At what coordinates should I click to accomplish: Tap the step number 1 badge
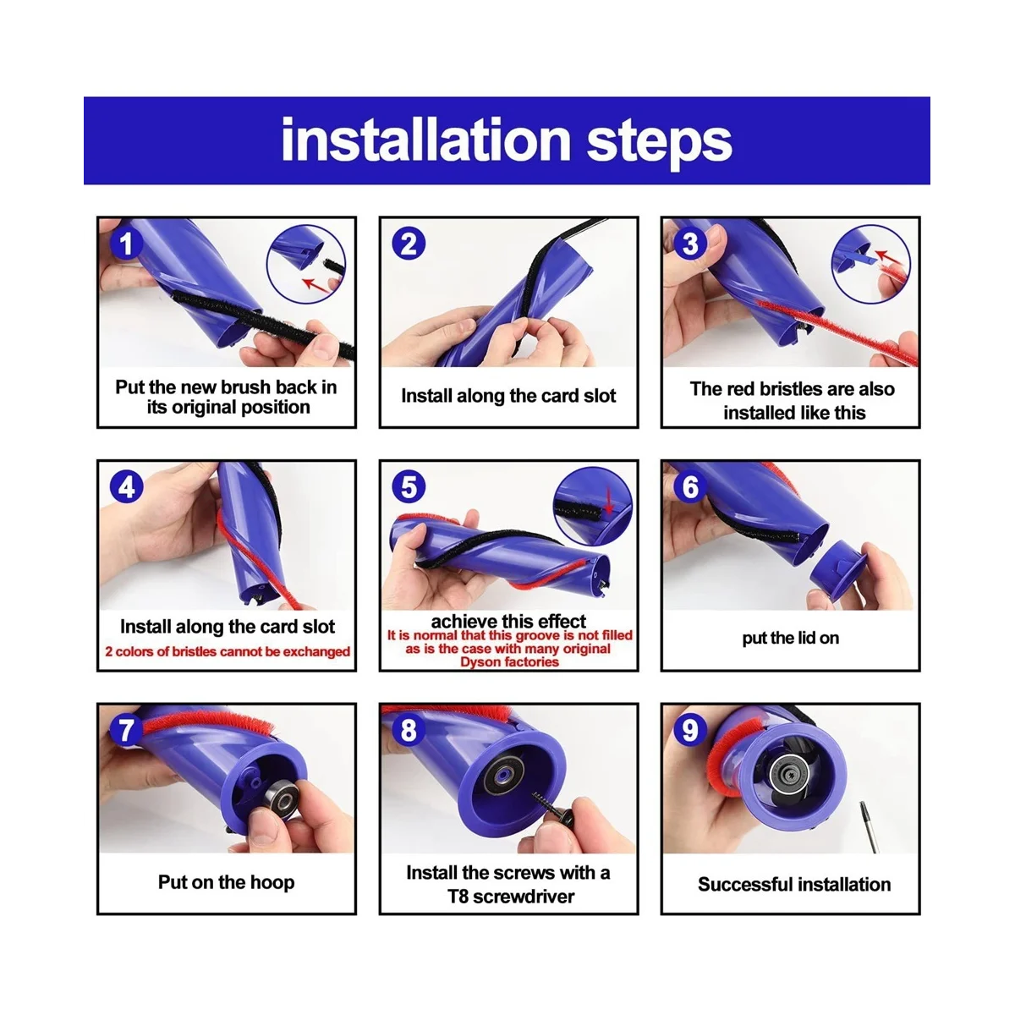(x=126, y=244)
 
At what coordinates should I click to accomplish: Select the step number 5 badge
(x=409, y=486)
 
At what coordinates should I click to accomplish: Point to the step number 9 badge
(x=690, y=730)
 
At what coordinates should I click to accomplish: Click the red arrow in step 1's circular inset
(x=316, y=285)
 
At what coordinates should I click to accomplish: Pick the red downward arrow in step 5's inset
(x=609, y=499)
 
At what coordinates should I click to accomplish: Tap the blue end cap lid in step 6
(x=838, y=574)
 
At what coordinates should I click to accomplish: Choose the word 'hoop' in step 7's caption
(x=272, y=882)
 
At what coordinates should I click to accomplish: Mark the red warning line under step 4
(x=227, y=651)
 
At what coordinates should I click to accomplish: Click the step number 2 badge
(x=409, y=244)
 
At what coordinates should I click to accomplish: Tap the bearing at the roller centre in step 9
(x=789, y=774)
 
